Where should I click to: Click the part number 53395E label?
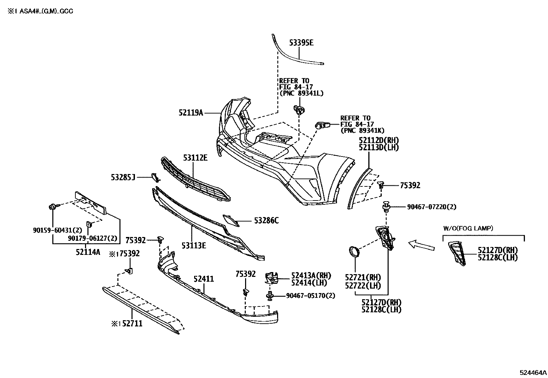301,43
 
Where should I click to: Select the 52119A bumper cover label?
191,112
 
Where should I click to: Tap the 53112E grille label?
195,158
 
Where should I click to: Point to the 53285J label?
123,177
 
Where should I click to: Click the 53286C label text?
266,220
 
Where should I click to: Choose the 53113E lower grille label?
194,245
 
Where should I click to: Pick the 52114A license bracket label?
88,252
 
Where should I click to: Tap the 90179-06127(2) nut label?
93,238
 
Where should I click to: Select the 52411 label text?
203,279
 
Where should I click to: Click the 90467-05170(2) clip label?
310,295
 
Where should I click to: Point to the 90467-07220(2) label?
432,207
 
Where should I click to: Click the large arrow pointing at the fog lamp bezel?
421,245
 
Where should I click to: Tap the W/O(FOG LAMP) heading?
468,228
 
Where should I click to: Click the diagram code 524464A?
533,372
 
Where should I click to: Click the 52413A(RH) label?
311,276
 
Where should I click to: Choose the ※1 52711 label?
127,324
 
